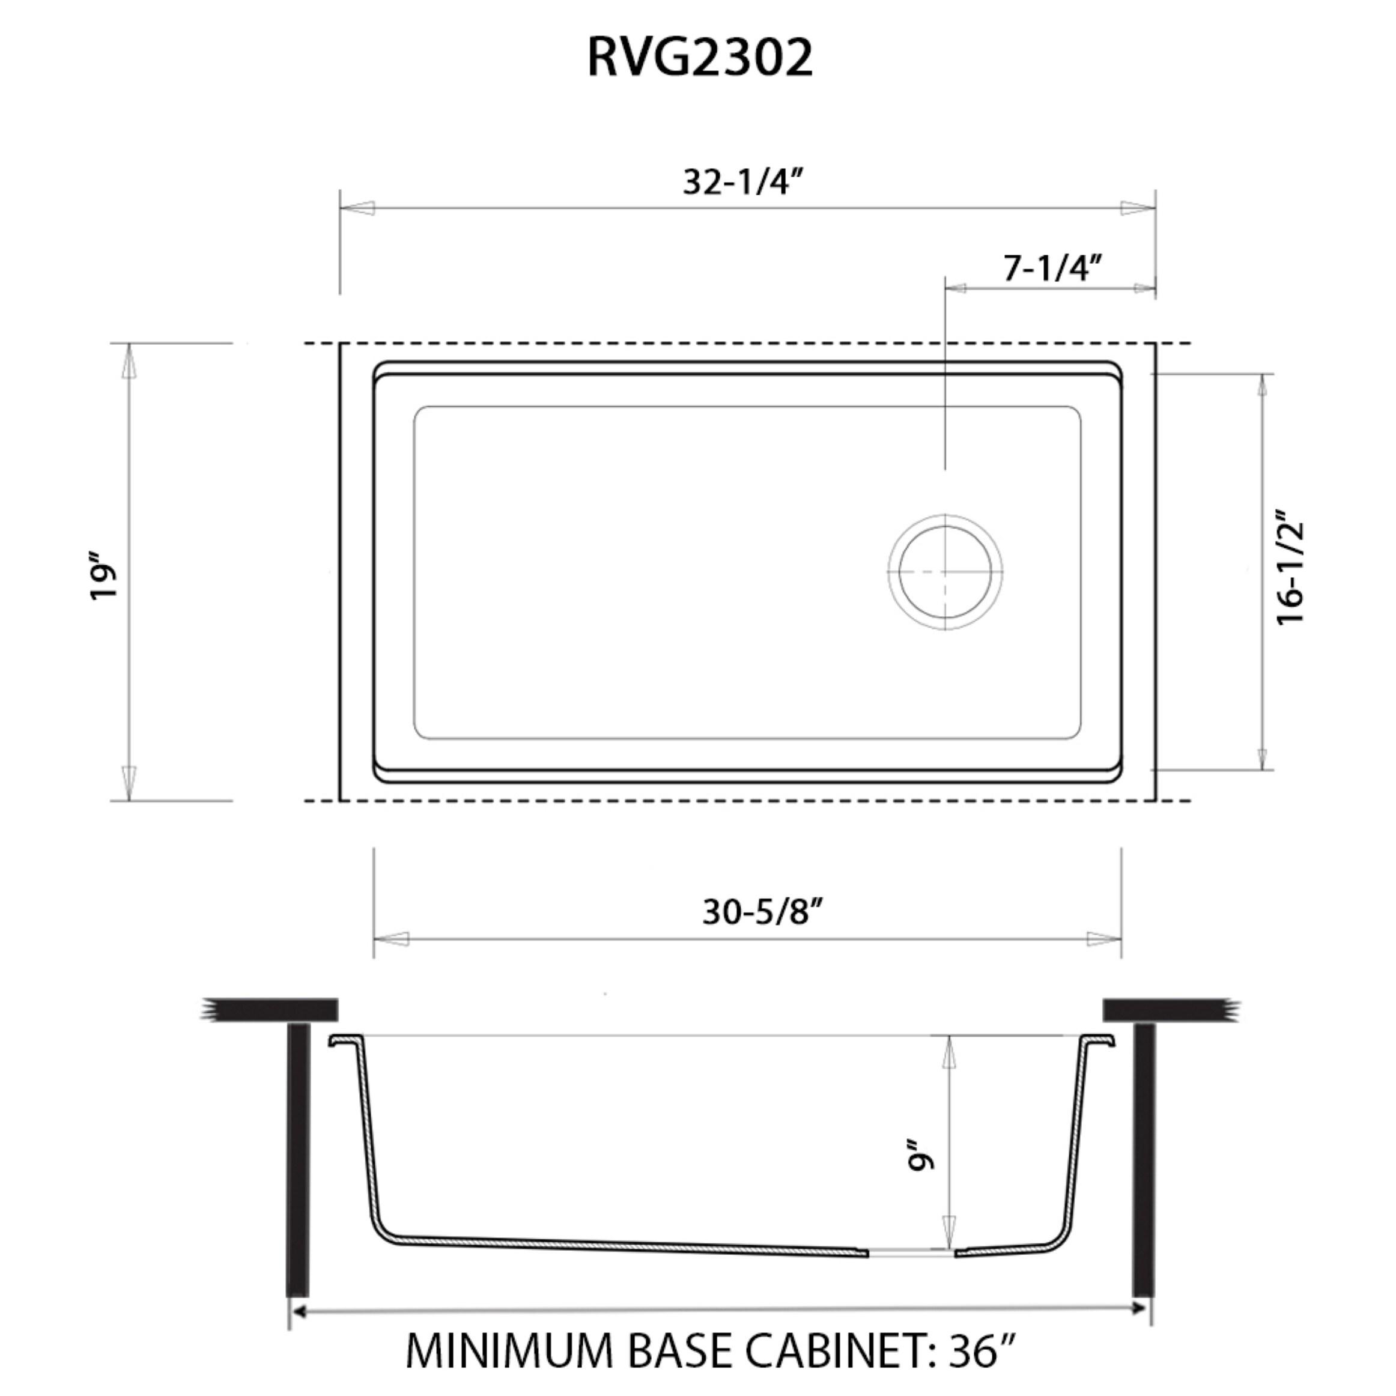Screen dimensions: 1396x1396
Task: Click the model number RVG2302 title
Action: point(699,58)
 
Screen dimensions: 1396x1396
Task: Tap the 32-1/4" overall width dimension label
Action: point(744,182)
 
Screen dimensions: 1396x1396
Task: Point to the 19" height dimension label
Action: point(103,577)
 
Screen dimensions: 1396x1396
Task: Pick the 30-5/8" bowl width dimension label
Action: point(763,912)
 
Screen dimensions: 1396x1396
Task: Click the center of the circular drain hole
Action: point(945,571)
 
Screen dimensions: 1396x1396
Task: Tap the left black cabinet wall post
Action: point(299,1160)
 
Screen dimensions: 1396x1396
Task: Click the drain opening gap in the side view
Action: point(911,1253)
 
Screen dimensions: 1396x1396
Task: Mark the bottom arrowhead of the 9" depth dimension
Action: point(948,1232)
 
